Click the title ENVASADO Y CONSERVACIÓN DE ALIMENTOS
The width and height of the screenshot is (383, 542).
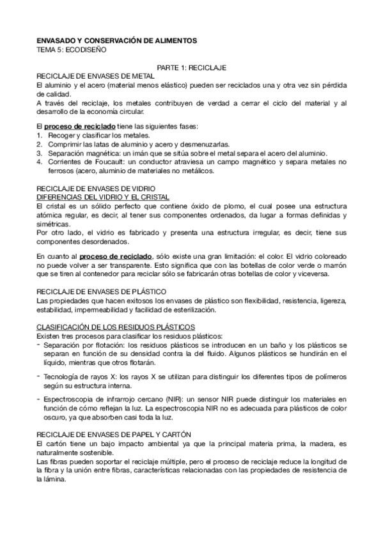(x=116, y=40)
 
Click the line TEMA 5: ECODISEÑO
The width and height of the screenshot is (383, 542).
(x=72, y=49)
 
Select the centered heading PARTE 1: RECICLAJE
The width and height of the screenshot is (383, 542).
(x=191, y=66)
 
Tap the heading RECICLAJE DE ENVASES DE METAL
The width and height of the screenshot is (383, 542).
(x=95, y=75)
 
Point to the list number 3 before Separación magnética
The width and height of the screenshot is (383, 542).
(x=39, y=153)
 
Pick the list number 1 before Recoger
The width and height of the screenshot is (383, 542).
(x=39, y=135)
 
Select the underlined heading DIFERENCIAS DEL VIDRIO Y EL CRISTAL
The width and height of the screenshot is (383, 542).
(x=103, y=198)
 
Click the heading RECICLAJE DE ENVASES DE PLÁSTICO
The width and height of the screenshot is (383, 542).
(x=98, y=291)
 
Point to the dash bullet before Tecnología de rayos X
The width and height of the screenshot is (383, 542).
(x=39, y=376)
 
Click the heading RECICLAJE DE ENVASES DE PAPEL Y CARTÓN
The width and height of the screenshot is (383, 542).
(x=111, y=434)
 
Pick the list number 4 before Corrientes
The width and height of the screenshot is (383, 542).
(x=39, y=162)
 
